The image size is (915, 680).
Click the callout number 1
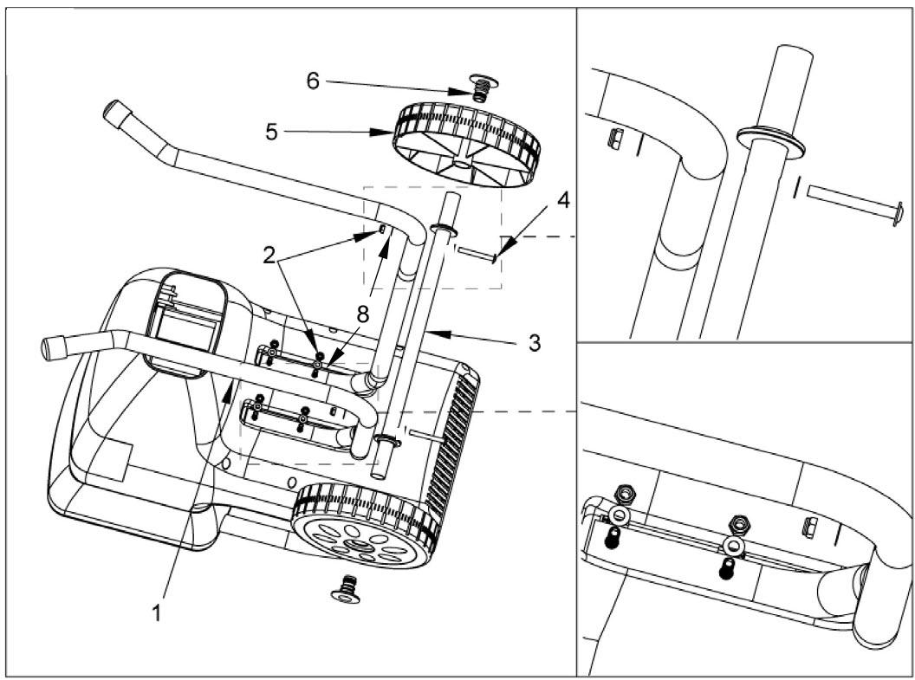pos(156,613)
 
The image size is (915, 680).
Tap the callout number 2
pos(269,255)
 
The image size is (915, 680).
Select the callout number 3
pos(534,343)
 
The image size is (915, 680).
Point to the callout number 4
pos(562,200)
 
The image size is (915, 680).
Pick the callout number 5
pos(271,132)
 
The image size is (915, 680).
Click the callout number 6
pos(313,81)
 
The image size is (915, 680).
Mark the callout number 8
pos(363,315)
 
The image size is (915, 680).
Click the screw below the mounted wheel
pos(347,588)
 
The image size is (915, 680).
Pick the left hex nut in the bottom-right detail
pos(626,495)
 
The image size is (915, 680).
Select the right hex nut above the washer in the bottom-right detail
pos(739,524)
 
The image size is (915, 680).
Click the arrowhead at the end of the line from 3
pos(438,334)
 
